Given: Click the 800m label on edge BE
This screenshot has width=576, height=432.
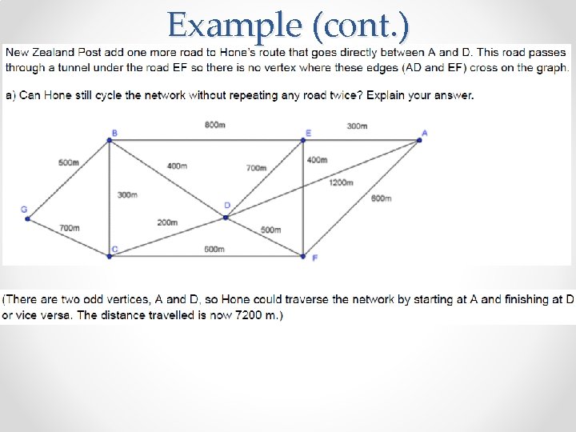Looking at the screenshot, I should (x=214, y=126).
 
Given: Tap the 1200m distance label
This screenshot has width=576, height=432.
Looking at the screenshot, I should (x=341, y=182).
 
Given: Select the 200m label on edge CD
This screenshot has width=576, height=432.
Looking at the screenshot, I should (x=167, y=222).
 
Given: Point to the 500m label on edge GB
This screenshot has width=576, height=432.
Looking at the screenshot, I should (x=69, y=162).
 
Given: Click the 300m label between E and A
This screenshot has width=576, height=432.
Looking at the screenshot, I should (x=357, y=126).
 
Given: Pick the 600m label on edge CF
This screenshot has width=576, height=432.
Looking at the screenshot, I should (x=214, y=249).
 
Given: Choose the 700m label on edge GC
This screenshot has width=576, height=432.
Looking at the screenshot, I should (x=70, y=228).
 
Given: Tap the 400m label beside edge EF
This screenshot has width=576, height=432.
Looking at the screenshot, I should (x=317, y=160).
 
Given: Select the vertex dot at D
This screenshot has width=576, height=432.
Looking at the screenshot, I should (x=226, y=217).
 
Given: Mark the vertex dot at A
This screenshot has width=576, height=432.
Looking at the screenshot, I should (x=419, y=141).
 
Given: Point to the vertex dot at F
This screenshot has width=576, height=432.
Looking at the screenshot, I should (x=303, y=256).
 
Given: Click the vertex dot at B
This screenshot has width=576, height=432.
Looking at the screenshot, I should (x=110, y=141).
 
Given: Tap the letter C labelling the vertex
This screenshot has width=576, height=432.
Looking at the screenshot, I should (x=115, y=249).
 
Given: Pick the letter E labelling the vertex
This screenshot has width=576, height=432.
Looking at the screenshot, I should (x=309, y=133).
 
